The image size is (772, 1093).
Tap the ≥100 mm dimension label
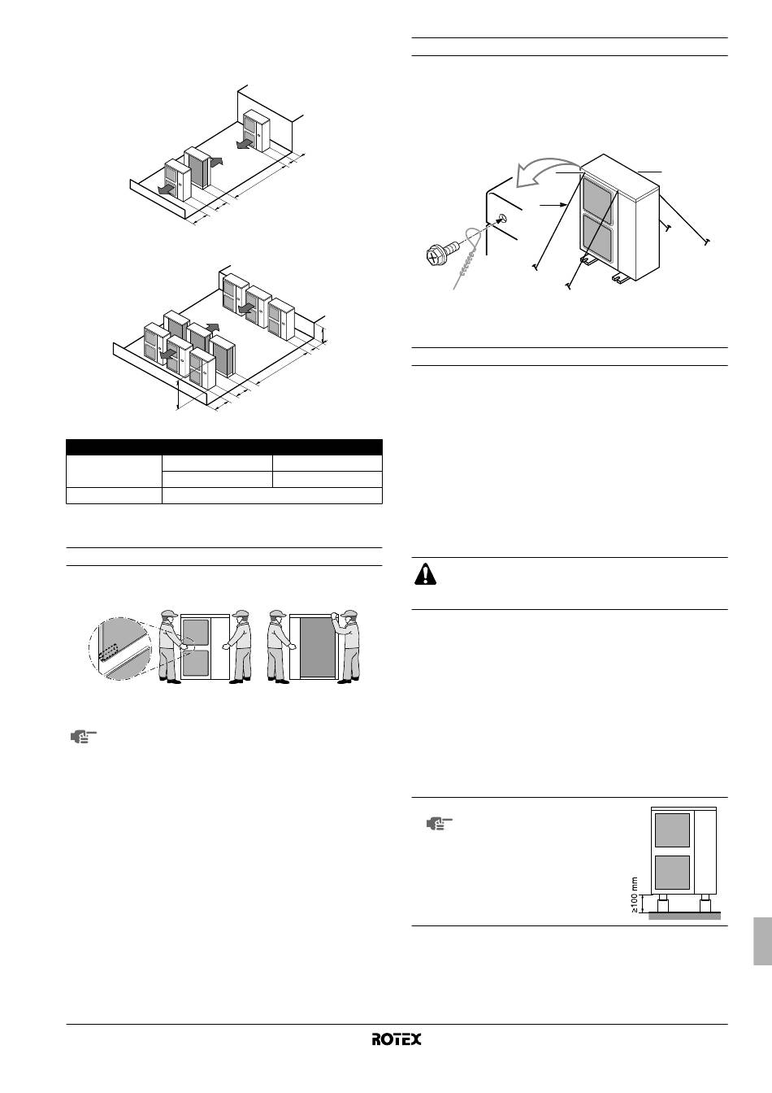pyautogui.click(x=634, y=895)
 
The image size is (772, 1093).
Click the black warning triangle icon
pyautogui.click(x=425, y=574)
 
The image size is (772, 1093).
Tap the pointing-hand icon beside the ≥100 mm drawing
pyautogui.click(x=439, y=824)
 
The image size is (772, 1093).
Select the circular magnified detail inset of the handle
pyautogui.click(x=120, y=649)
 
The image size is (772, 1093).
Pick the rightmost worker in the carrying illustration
pyautogui.click(x=348, y=647)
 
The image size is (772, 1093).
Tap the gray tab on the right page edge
pyautogui.click(x=762, y=941)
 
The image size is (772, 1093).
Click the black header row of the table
pyautogui.click(x=223, y=447)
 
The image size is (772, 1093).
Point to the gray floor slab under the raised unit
pyautogui.click(x=685, y=917)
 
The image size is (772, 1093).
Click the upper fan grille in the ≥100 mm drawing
pyautogui.click(x=672, y=830)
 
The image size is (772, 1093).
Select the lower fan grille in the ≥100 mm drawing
pyautogui.click(x=672, y=872)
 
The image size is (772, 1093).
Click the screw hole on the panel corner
pyautogui.click(x=503, y=218)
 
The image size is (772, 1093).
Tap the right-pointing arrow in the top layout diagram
pyautogui.click(x=215, y=161)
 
